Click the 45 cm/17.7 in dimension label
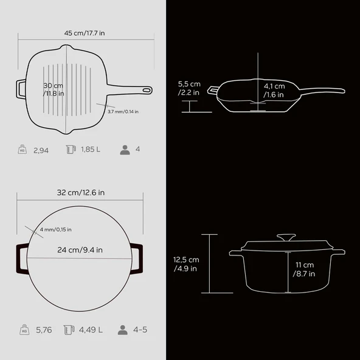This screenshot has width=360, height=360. (85, 33)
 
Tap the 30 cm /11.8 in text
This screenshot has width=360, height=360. (54, 89)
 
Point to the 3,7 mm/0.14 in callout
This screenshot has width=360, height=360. (123, 111)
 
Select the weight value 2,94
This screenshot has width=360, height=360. (41, 150)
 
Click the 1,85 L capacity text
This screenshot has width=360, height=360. (91, 150)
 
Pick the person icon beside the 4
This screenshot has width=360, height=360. (125, 150)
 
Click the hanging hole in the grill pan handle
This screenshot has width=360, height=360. (146, 90)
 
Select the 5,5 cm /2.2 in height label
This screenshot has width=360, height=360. (189, 88)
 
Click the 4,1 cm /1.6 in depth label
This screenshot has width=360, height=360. (274, 91)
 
